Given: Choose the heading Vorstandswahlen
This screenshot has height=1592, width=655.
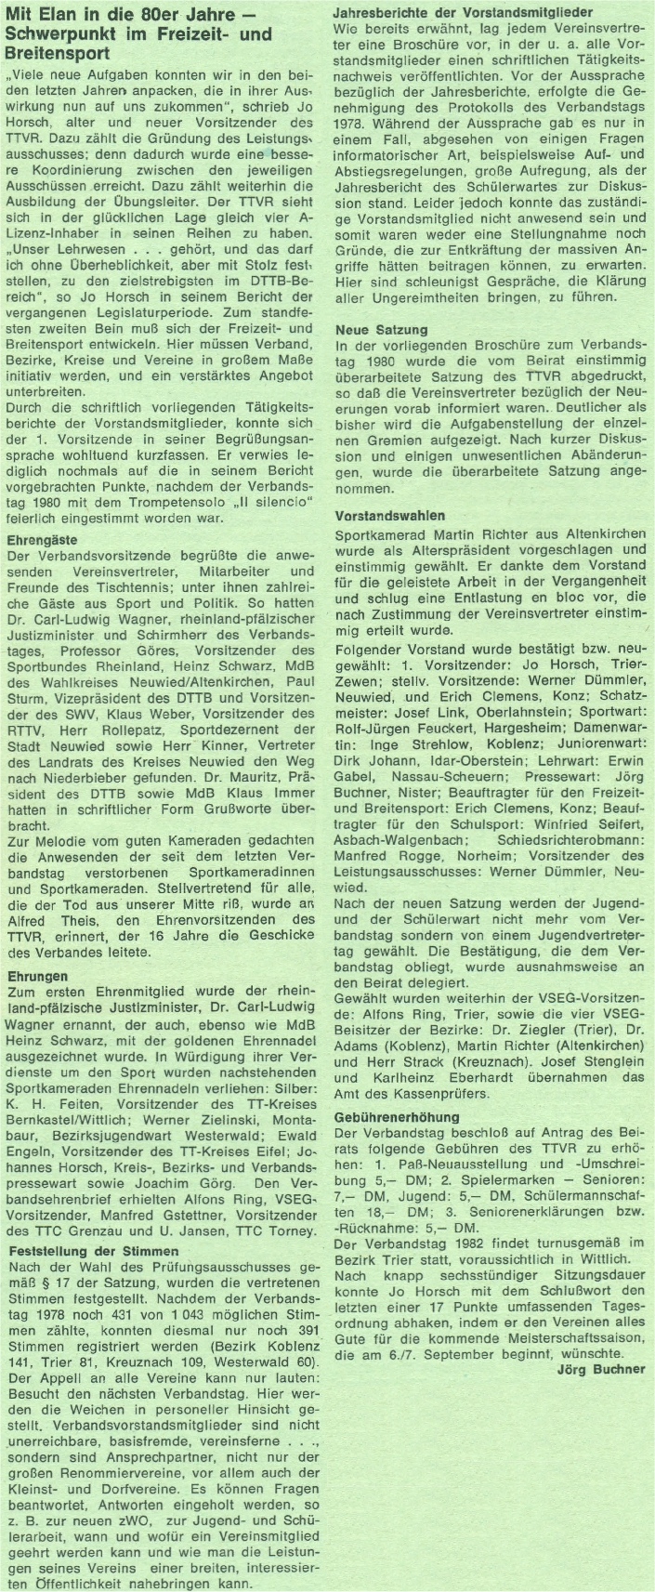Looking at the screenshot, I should (389, 516).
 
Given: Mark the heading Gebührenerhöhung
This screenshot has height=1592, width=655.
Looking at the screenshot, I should (397, 1116).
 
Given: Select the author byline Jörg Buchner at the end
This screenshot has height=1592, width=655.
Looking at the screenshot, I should (601, 1369).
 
